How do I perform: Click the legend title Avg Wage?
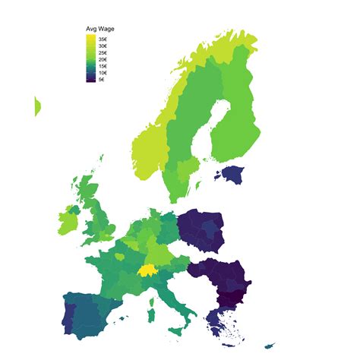pyautogui.click(x=99, y=29)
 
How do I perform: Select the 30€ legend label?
pyautogui.click(x=103, y=46)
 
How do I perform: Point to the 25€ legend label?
pyautogui.click(x=103, y=53)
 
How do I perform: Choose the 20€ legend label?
pyautogui.click(x=103, y=60)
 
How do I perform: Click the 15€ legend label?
pyautogui.click(x=103, y=66)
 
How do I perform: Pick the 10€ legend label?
pyautogui.click(x=103, y=73)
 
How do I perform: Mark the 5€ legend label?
pyautogui.click(x=102, y=80)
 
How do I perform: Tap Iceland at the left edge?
pyautogui.click(x=37, y=107)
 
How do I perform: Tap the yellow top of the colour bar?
pyautogui.click(x=91, y=37)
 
